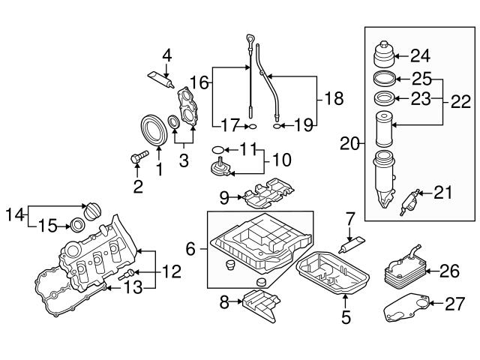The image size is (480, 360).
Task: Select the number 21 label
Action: [x=444, y=193]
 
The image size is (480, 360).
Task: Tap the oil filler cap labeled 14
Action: [x=94, y=211]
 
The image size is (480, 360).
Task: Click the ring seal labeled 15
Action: [x=76, y=224]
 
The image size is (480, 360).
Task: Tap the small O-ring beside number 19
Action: [x=278, y=127]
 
